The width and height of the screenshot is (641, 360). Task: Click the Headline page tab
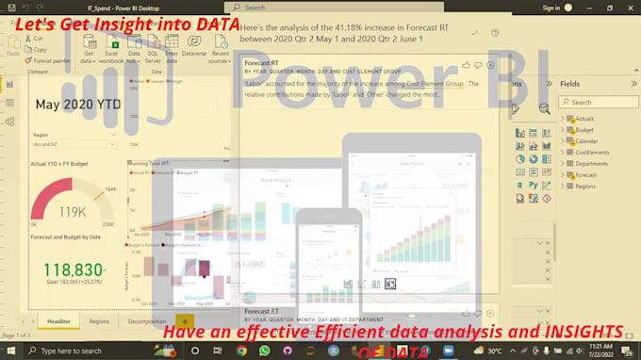tap(58, 321)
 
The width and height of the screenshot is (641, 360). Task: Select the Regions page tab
tap(99, 321)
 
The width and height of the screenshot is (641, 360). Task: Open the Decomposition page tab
tap(146, 321)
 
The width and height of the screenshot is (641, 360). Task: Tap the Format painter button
tap(51, 60)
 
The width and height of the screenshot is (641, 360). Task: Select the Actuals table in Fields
tap(583, 118)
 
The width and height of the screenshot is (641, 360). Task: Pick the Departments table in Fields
tap(591, 163)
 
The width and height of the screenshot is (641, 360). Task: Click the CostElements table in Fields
tap(591, 152)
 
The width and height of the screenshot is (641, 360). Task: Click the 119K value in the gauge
tap(73, 212)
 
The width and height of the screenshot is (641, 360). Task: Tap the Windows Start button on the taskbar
tap(8, 351)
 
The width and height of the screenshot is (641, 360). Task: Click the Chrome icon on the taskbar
tap(242, 351)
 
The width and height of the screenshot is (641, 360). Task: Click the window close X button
tap(630, 8)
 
